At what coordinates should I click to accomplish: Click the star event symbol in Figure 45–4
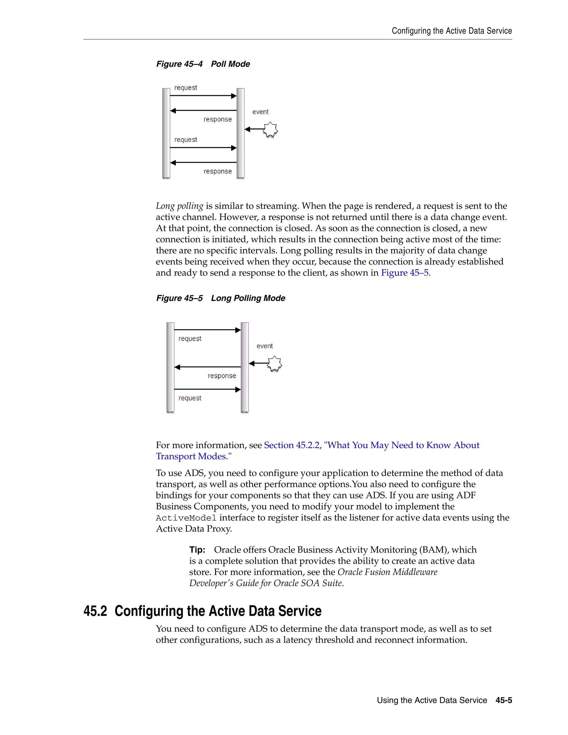pyautogui.click(x=270, y=130)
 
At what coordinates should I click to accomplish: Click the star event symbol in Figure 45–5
pyautogui.click(x=275, y=364)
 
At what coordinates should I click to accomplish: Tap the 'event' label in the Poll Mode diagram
pyautogui.click(x=260, y=112)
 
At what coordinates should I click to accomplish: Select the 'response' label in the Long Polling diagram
pyautogui.click(x=222, y=376)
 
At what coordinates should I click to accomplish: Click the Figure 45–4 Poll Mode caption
pyautogui.click(x=203, y=64)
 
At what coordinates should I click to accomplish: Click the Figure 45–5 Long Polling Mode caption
pyautogui.click(x=220, y=298)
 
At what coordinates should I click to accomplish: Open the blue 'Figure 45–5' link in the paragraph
pyautogui.click(x=404, y=273)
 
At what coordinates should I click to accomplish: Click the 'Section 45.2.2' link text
pyautogui.click(x=292, y=445)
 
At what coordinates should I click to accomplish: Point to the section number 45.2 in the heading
pyautogui.click(x=95, y=611)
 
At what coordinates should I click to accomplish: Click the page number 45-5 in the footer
pyautogui.click(x=504, y=700)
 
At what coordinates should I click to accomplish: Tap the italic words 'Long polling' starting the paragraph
pyautogui.click(x=179, y=206)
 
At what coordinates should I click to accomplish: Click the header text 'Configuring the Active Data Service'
pyautogui.click(x=452, y=31)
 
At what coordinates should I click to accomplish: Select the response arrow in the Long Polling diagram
pyautogui.click(x=208, y=367)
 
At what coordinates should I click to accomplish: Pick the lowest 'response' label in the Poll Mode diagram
pyautogui.click(x=217, y=171)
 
